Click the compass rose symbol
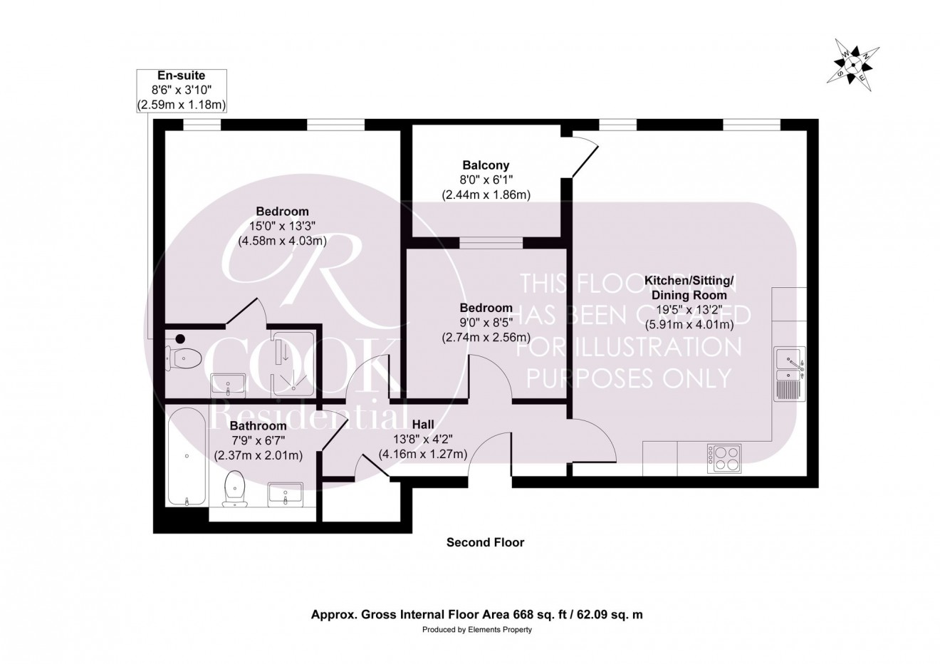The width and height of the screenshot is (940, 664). pos(852,65)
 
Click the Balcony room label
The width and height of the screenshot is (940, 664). pos(484,165)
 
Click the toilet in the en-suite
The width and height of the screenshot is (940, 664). pos(184,358)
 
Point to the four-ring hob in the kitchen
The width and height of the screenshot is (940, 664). pos(724,458)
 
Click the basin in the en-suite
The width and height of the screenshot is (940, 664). pos(228,385)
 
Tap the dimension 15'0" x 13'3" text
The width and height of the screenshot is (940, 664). pos(282,226)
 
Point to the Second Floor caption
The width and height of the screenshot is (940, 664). pos(485,542)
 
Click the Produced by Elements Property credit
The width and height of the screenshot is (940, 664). pos(477,630)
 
